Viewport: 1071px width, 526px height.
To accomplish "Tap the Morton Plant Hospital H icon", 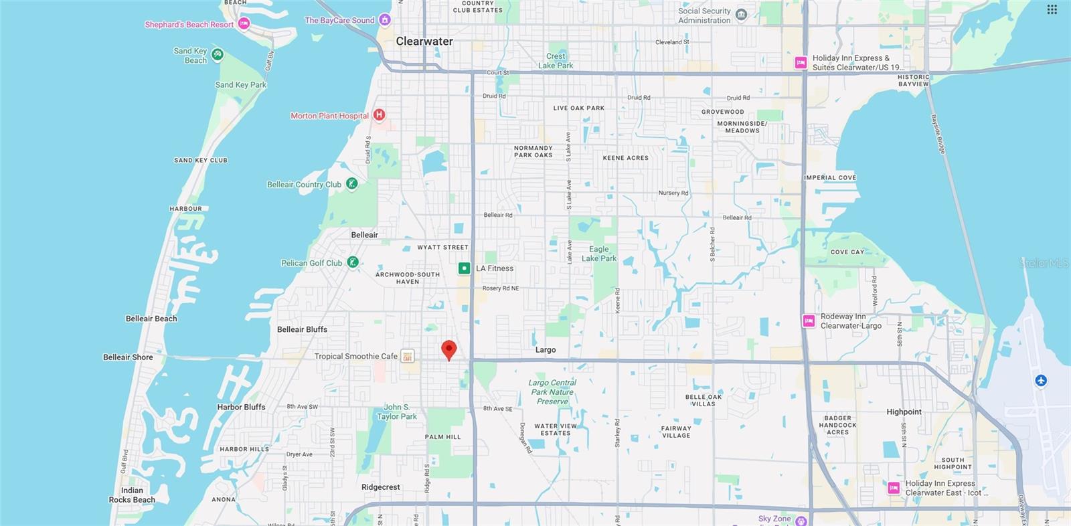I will (379, 115).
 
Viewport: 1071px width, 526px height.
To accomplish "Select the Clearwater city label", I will (424, 41).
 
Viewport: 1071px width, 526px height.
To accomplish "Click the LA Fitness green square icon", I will (464, 268).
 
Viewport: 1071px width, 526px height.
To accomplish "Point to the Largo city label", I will (546, 350).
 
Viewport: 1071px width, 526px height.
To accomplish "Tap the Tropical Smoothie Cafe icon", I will (407, 357).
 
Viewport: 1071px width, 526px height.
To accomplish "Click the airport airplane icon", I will (1040, 381).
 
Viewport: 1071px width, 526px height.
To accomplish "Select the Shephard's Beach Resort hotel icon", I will (244, 24).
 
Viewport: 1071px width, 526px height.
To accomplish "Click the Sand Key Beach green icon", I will (218, 55).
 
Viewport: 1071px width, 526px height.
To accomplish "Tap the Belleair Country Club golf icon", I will (352, 184).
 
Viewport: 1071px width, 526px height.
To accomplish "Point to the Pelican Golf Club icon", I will (353, 262).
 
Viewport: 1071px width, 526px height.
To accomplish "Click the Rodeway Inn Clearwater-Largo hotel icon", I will (809, 321).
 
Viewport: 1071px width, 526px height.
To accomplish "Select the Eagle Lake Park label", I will (598, 254).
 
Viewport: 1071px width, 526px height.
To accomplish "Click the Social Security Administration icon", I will (741, 15).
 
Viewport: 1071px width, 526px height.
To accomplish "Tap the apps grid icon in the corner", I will (1052, 9).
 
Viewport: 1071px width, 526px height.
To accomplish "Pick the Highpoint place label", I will (904, 412).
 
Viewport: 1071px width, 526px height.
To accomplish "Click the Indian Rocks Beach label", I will (132, 495).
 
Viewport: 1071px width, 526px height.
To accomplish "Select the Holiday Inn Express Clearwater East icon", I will (894, 488).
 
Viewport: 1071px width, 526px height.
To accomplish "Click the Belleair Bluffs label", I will (302, 329).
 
